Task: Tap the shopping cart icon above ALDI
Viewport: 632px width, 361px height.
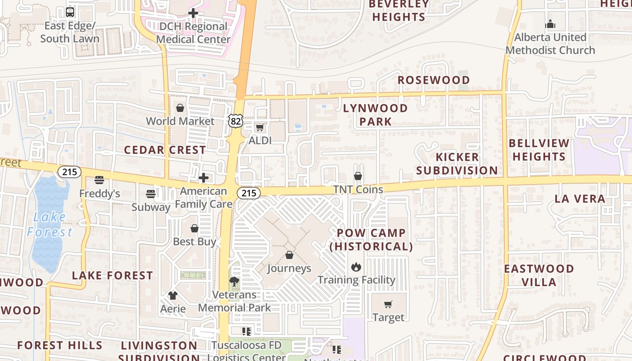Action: [260, 128]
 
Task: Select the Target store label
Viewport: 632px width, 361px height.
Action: [388, 317]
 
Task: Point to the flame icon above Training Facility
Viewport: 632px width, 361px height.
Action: [356, 267]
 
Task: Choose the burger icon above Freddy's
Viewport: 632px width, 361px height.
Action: [99, 180]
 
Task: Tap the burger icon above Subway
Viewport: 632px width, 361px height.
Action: [151, 194]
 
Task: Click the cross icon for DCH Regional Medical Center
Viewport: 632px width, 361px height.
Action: [193, 13]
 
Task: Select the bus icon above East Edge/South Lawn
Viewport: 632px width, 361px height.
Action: [70, 12]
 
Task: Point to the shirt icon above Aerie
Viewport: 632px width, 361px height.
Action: [173, 296]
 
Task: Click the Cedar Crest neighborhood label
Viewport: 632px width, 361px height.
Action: [165, 150]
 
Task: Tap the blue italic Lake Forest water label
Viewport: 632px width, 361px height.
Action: [49, 224]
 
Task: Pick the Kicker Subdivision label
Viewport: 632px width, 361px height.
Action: [457, 164]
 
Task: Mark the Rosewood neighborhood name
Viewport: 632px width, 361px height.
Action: [433, 80]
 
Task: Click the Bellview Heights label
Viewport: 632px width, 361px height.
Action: [539, 150]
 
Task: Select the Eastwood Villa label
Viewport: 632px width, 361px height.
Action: [539, 275]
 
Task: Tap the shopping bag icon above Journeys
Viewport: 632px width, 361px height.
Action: [289, 255]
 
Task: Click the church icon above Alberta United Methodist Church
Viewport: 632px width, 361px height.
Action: [550, 24]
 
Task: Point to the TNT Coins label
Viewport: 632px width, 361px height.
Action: [358, 190]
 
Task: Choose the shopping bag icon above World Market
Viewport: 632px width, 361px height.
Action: [180, 108]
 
